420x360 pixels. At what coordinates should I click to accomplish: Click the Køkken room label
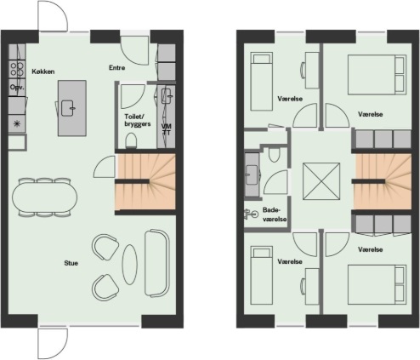(x=43, y=71)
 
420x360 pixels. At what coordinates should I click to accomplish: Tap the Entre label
(x=117, y=67)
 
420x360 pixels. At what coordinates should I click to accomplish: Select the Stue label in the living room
(x=71, y=263)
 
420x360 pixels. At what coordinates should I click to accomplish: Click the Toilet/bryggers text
(x=138, y=120)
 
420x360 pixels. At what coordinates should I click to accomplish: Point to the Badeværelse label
(x=275, y=214)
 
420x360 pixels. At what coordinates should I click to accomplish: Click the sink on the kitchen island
(x=69, y=108)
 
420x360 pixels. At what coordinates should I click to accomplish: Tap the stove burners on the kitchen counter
(x=17, y=69)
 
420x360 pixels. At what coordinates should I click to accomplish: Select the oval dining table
(x=44, y=197)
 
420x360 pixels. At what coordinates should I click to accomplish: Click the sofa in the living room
(x=156, y=263)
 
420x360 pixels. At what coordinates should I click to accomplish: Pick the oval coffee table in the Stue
(x=130, y=265)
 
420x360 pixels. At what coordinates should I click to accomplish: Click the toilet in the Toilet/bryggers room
(x=131, y=140)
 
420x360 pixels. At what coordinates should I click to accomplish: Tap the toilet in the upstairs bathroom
(x=274, y=154)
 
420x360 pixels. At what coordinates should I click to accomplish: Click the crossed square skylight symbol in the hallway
(x=321, y=181)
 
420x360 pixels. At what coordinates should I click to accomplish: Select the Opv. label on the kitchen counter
(x=17, y=87)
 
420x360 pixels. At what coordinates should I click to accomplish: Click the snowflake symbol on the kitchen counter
(x=17, y=123)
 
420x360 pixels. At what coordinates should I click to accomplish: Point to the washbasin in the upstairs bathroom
(x=252, y=174)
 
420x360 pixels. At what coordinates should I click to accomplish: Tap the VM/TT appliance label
(x=167, y=129)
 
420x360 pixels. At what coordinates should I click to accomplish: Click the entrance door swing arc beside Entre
(x=134, y=50)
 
